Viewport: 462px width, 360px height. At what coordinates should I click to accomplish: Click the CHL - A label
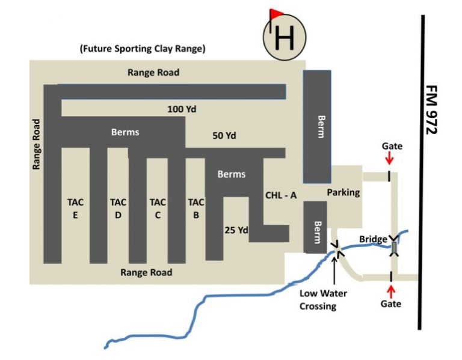pos(282,195)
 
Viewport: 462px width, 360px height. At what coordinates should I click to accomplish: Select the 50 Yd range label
pos(224,136)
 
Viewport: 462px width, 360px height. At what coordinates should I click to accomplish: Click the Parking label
pos(343,192)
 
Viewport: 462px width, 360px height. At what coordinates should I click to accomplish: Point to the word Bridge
pos(373,239)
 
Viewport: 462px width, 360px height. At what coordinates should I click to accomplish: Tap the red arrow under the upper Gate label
pos(389,158)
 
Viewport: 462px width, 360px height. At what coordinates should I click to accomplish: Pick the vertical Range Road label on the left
pos(37,144)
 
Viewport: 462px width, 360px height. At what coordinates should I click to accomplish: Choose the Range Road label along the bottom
pos(146,272)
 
